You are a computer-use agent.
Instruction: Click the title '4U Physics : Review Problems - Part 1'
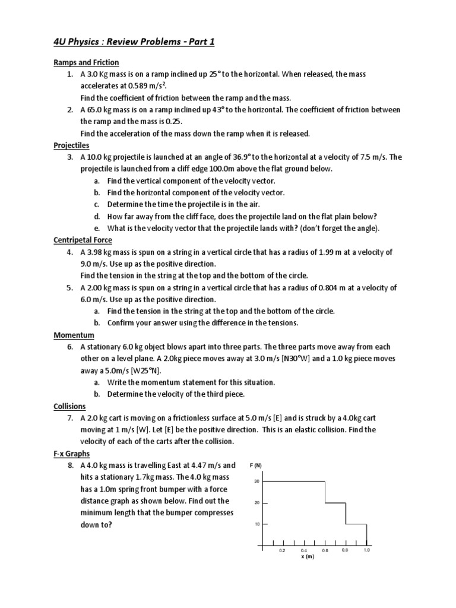140,41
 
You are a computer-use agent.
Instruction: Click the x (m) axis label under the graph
307,557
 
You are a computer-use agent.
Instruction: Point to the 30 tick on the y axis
256,482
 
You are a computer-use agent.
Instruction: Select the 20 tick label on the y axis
256,503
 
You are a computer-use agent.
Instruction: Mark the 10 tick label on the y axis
256,524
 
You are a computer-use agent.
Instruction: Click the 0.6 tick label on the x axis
325,551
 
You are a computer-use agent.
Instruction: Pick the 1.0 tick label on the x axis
366,550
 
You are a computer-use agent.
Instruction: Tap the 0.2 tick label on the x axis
283,551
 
